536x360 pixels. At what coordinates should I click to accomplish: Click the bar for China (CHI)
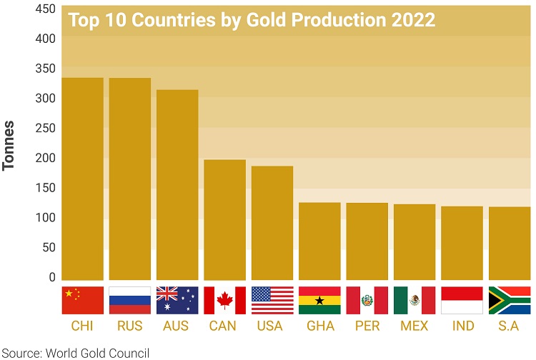[82, 179]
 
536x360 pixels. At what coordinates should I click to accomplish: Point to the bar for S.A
[509, 243]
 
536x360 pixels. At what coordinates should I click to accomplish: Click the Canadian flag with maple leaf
[224, 301]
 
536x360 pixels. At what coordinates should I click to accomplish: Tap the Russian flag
[129, 301]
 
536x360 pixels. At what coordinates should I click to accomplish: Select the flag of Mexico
[415, 301]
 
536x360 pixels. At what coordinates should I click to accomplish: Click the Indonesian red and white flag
[462, 301]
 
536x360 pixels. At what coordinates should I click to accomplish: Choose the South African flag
[509, 301]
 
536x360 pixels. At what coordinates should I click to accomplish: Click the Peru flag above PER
[367, 301]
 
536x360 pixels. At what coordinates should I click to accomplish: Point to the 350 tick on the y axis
[45, 69]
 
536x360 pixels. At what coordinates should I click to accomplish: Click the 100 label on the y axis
[45, 217]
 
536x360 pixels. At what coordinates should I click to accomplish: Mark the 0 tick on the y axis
[51, 277]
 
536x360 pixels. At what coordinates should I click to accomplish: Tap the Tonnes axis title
[9, 145]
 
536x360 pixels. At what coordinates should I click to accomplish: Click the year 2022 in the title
[413, 20]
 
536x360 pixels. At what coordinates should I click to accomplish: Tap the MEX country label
[415, 326]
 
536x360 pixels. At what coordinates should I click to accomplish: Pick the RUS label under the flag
[129, 326]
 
